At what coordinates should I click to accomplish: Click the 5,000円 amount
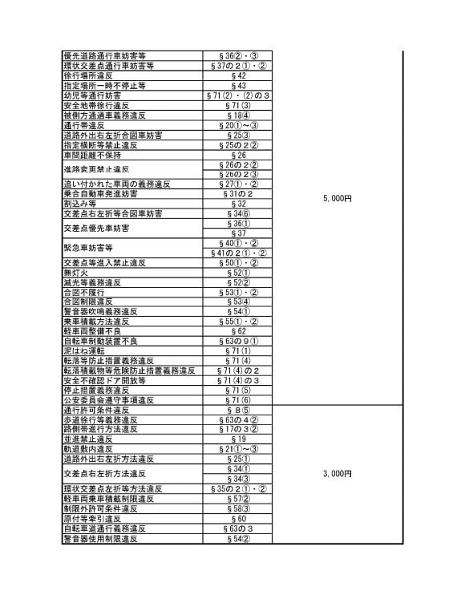338,198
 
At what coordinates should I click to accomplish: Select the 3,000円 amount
338,474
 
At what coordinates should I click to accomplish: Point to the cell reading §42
238,75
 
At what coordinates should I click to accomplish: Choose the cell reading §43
238,85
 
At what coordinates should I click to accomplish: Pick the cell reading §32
238,204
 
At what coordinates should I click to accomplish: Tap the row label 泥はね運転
83,351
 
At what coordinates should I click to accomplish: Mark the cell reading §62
238,331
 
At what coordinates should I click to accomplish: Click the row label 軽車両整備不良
91,331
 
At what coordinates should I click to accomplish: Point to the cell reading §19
238,439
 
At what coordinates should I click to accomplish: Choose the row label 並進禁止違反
87,439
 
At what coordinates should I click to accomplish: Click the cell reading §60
238,519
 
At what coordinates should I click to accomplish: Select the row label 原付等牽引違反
91,519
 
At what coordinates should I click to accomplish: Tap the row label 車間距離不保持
91,155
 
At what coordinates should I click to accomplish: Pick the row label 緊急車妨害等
87,248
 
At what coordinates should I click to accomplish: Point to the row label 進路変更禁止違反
95,170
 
